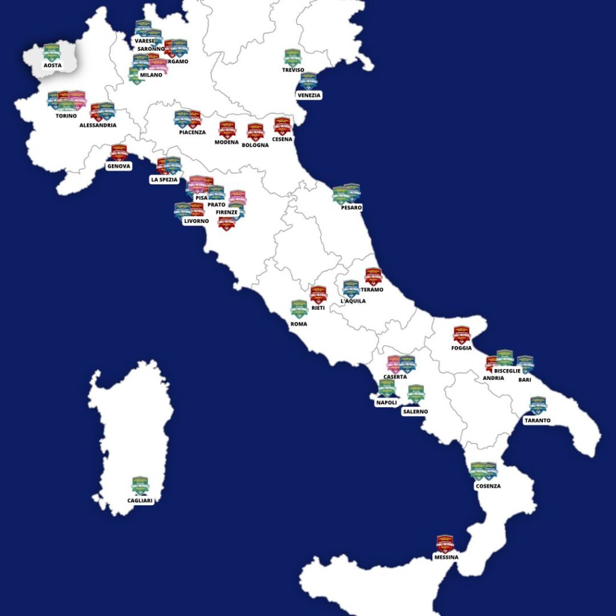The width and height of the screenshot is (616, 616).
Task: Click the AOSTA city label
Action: tap(53, 65)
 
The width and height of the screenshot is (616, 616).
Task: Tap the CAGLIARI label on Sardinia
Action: tap(140, 501)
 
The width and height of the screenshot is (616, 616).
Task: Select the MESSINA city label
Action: tap(446, 557)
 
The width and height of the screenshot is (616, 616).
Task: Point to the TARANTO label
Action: tap(537, 420)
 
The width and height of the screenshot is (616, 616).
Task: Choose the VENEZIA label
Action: tap(309, 95)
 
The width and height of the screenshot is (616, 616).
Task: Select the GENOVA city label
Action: tap(118, 166)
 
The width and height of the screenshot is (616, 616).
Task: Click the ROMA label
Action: tap(298, 324)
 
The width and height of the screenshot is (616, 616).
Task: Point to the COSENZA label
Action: tap(488, 486)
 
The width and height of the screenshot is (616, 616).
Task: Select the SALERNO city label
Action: tap(415, 411)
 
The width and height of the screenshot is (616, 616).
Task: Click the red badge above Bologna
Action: tap(255, 132)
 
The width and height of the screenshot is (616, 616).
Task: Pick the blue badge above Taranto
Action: tap(538, 405)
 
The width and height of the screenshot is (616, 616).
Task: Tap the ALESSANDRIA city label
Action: tap(97, 125)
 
